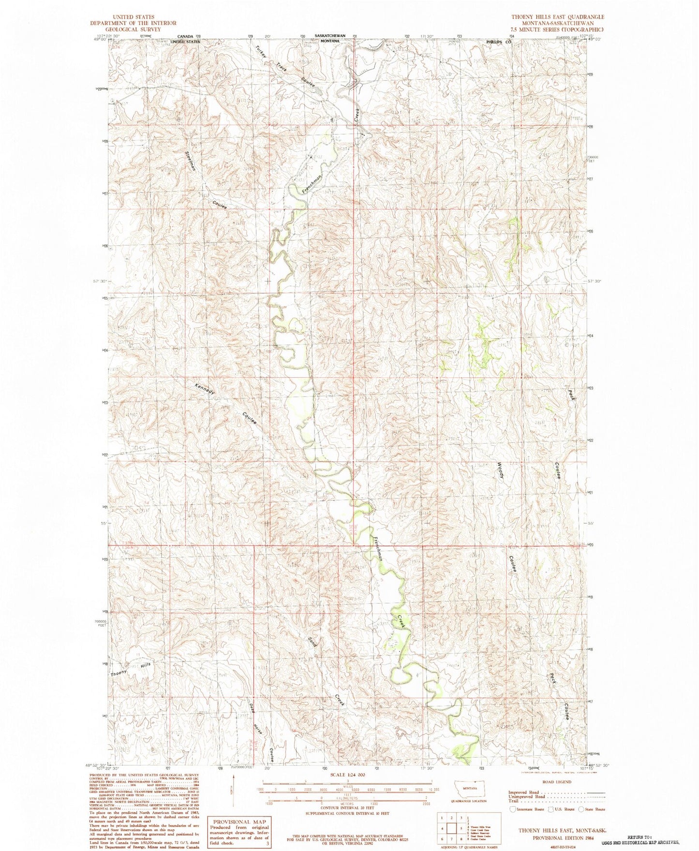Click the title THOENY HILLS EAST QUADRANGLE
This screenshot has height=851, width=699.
(558, 17)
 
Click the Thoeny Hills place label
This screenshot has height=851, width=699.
(131, 670)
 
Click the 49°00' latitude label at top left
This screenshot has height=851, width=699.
(99, 41)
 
